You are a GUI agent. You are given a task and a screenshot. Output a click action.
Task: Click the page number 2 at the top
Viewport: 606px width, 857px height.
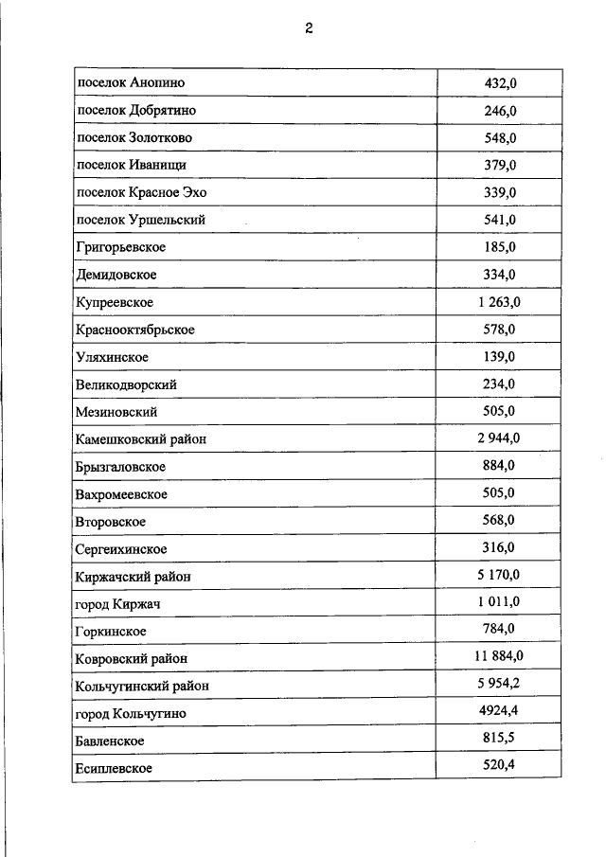click(309, 28)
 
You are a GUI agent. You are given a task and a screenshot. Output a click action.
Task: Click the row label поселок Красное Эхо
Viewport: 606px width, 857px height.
click(140, 193)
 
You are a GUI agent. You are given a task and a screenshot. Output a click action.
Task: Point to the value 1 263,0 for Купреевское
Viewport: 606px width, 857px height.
click(498, 302)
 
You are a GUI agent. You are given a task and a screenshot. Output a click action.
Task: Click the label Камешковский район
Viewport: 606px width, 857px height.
click(140, 439)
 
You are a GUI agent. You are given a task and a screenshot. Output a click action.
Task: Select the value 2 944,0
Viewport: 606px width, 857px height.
click(498, 438)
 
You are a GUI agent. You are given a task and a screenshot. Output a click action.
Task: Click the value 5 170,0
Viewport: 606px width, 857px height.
click(498, 575)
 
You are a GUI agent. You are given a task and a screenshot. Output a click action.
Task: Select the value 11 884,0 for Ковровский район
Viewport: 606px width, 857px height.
click(498, 656)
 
